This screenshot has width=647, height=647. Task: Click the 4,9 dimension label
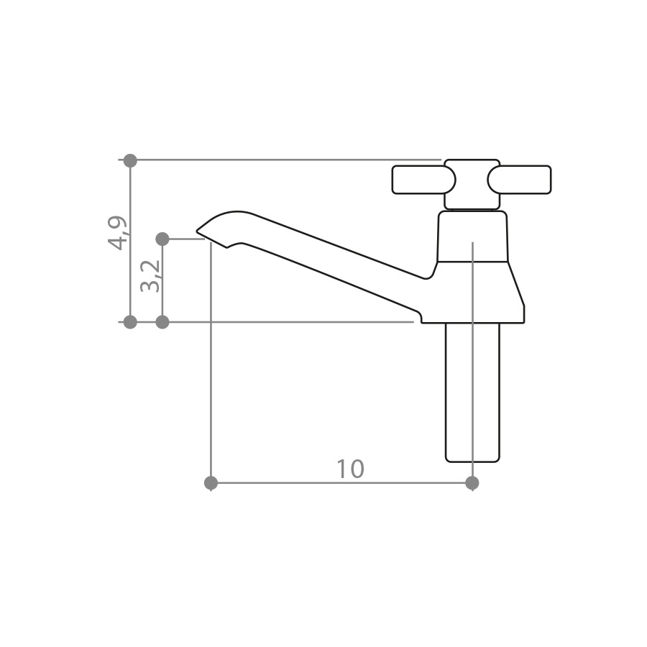(116, 233)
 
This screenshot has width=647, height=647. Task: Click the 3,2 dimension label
(150, 275)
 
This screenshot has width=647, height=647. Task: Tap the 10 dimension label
(350, 469)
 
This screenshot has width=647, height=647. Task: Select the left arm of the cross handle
(423, 180)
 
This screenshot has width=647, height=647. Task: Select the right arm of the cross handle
(519, 180)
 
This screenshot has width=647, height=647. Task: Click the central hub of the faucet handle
(472, 184)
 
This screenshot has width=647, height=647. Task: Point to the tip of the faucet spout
(196, 230)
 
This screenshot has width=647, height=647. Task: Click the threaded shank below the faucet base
(472, 393)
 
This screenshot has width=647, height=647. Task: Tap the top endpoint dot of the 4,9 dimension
(130, 160)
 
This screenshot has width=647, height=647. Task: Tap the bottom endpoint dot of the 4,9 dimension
(130, 322)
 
